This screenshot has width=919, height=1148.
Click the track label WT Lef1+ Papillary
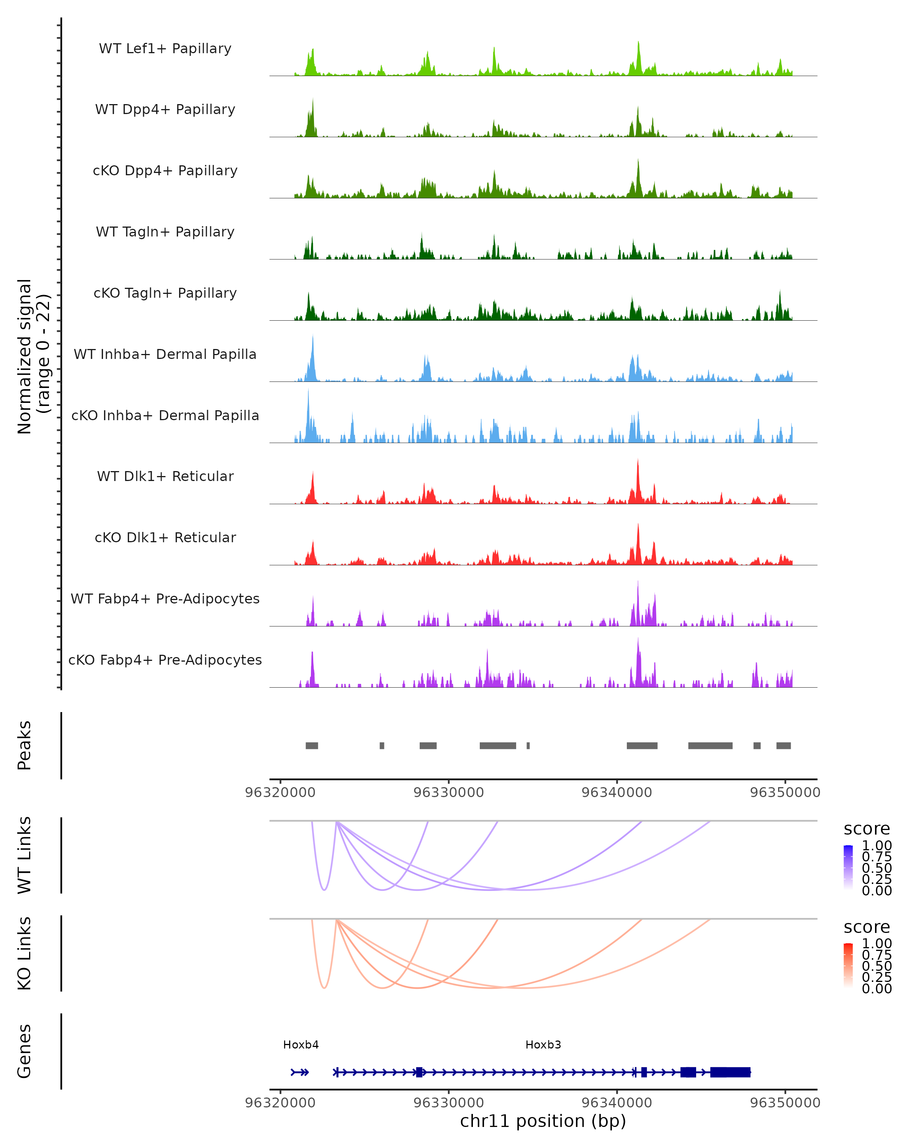click(165, 49)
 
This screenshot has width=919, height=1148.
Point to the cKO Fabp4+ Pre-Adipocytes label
click(165, 660)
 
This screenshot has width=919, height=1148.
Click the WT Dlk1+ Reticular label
click(165, 476)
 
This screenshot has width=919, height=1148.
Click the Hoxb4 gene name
click(301, 1045)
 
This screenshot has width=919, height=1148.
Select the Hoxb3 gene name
click(543, 1045)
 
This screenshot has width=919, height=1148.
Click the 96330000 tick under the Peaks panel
click(448, 793)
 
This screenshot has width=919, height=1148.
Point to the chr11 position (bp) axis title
click(543, 1121)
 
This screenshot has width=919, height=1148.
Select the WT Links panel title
click(25, 855)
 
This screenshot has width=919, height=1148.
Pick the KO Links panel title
click(25, 954)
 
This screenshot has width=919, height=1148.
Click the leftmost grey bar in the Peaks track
click(312, 745)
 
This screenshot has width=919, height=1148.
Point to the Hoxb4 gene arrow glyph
click(300, 1072)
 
